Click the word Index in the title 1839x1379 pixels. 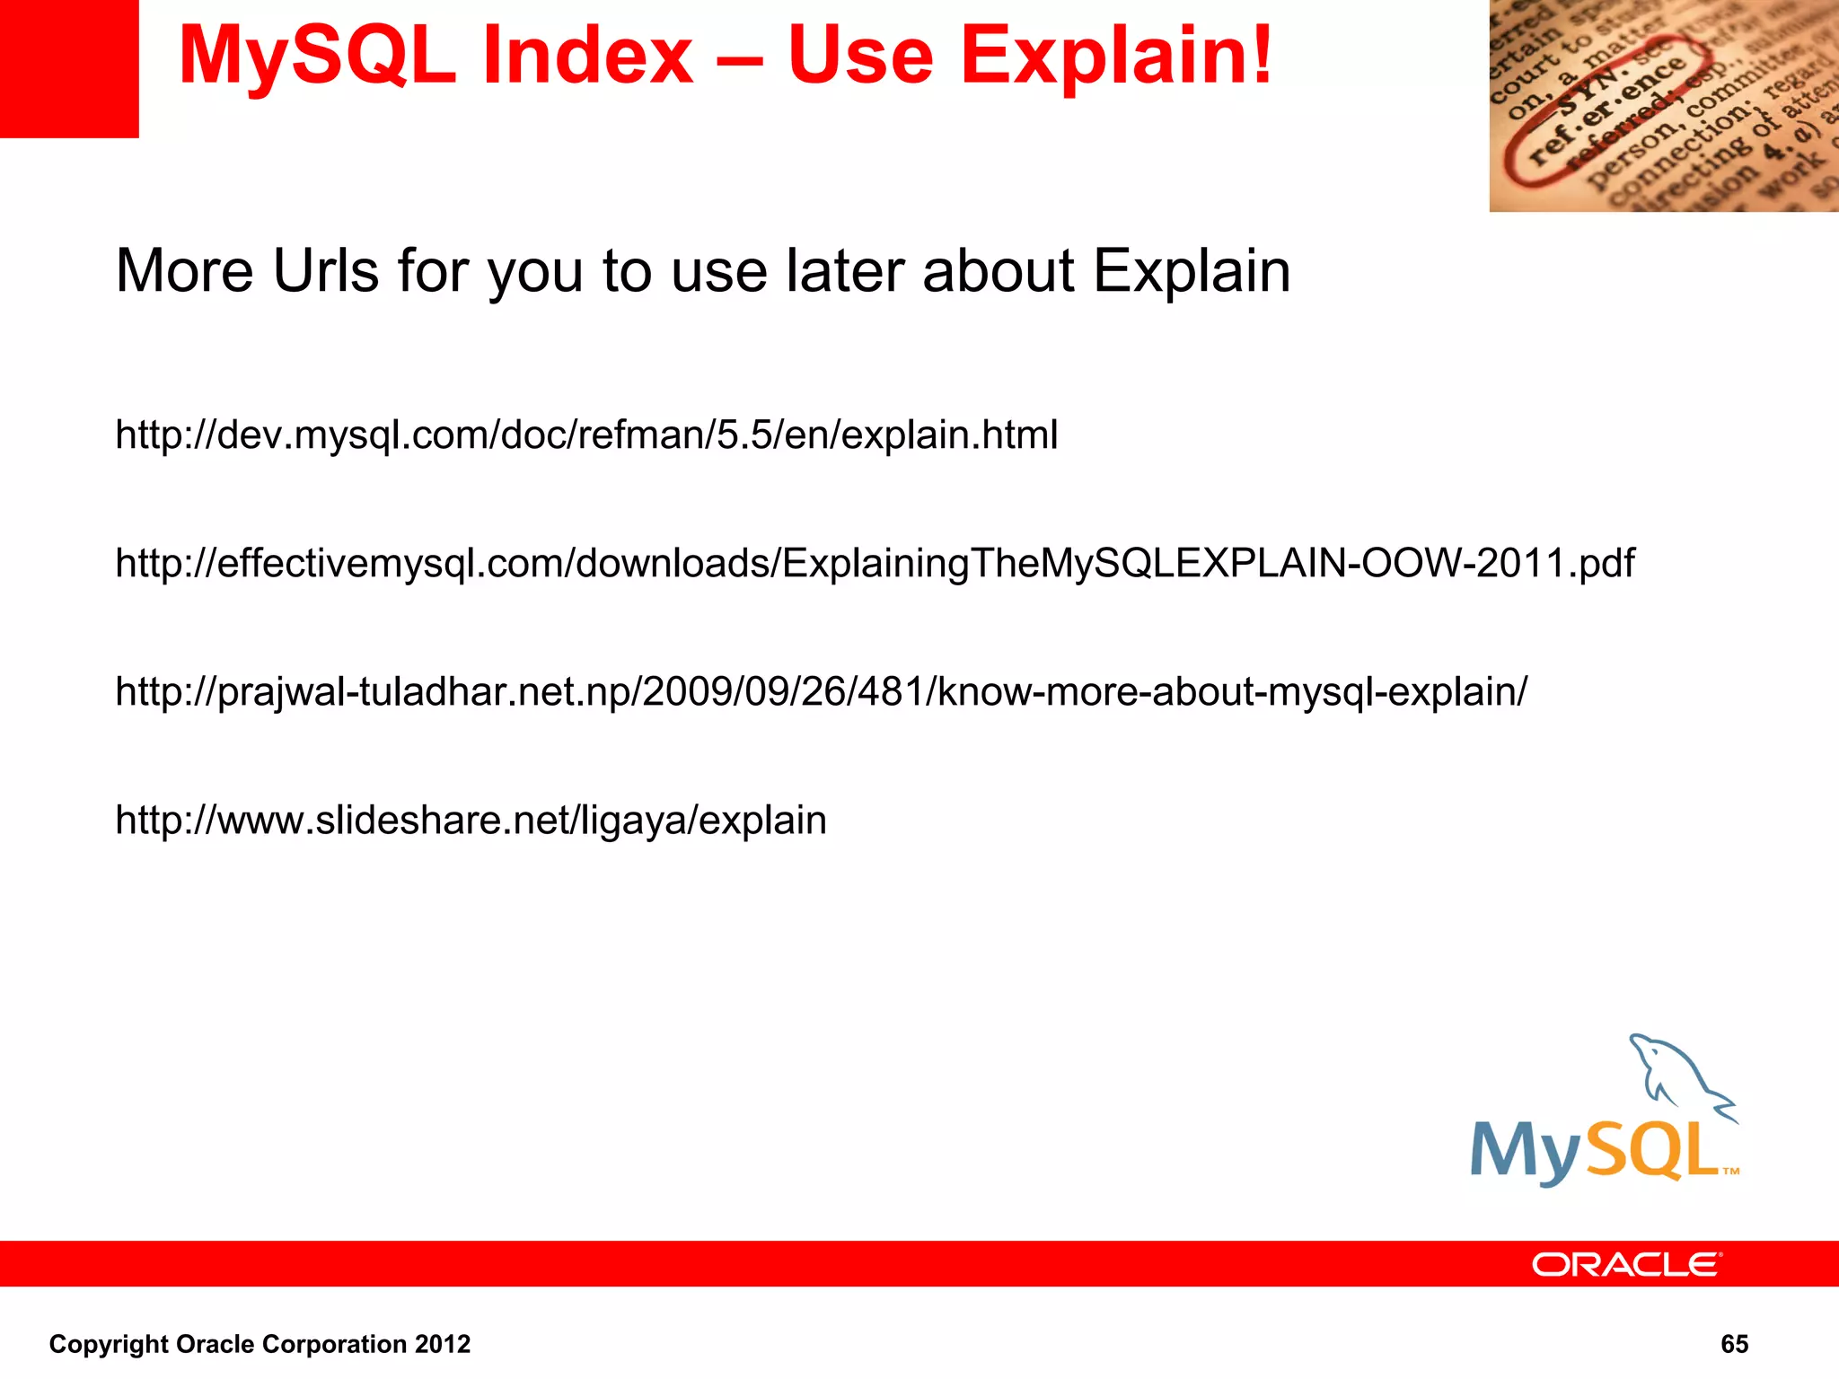tap(588, 56)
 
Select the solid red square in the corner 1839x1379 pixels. tap(69, 68)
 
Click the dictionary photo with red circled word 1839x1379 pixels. tap(1663, 106)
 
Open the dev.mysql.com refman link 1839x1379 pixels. tap(586, 435)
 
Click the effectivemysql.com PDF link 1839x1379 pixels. tap(875, 564)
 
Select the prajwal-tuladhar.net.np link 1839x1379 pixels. tap(821, 692)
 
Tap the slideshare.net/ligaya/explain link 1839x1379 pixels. tap(471, 821)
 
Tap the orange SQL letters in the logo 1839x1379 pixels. tap(1652, 1151)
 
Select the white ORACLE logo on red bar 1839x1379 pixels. tap(1626, 1264)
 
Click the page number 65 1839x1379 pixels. tap(1734, 1344)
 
